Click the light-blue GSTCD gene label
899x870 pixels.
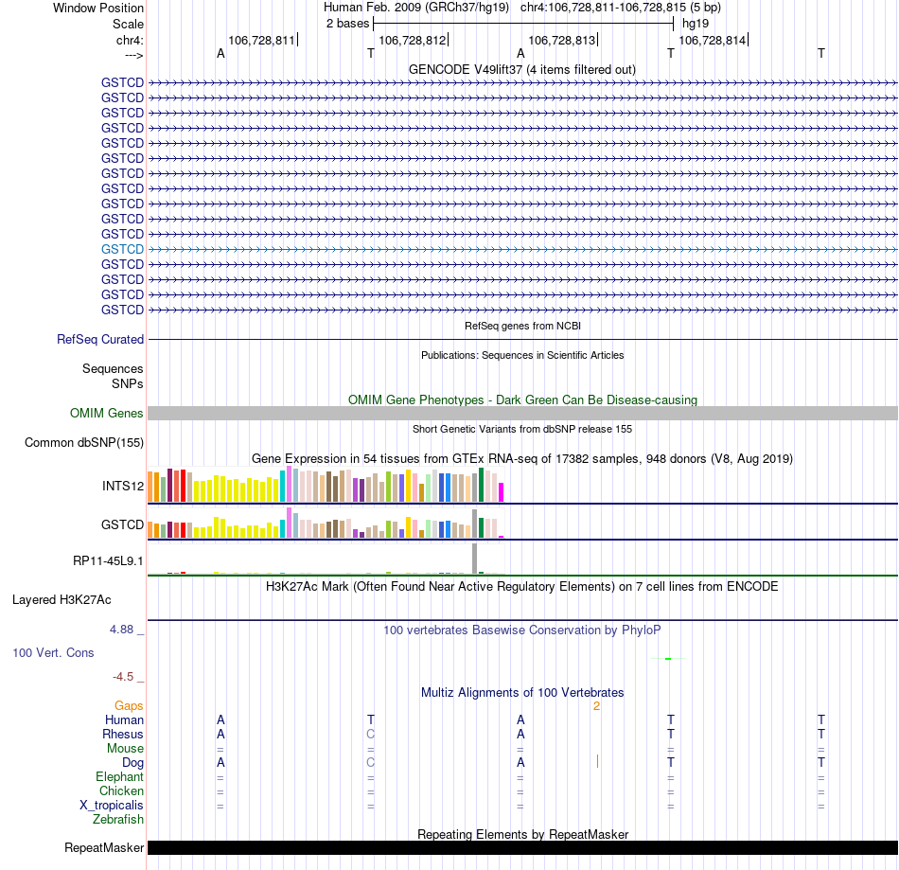click(x=122, y=249)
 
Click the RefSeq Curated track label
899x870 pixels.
click(x=100, y=339)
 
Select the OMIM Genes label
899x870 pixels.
click(x=106, y=413)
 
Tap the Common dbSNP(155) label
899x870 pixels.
click(x=84, y=442)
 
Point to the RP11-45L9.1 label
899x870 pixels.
click(x=108, y=560)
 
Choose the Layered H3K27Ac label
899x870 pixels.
click(x=62, y=599)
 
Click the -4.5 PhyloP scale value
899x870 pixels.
click(x=126, y=677)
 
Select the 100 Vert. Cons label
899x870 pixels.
click(x=53, y=652)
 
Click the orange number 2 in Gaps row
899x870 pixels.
click(x=596, y=705)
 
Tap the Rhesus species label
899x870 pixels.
click(x=123, y=734)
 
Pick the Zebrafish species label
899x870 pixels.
click(x=118, y=819)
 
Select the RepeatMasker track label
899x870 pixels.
click(x=103, y=847)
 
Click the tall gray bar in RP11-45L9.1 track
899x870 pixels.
click(x=475, y=558)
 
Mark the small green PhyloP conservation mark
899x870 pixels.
click(x=667, y=659)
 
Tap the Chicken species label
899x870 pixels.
click(x=121, y=790)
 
